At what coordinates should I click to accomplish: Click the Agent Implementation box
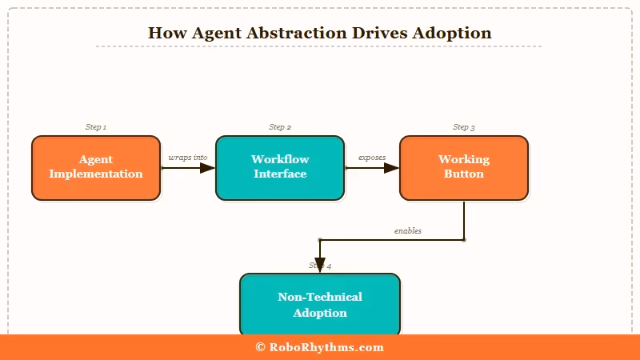point(96,167)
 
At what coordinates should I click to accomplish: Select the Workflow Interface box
point(280,167)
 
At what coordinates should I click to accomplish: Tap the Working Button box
point(464,167)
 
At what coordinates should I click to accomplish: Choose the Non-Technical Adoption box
point(320,305)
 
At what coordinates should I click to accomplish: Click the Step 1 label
point(96,127)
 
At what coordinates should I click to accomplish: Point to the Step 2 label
point(280,127)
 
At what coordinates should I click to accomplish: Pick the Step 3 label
point(464,127)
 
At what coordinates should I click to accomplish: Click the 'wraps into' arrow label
point(188,158)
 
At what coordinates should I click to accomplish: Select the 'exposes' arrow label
point(371,158)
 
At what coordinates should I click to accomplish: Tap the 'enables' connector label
point(408,230)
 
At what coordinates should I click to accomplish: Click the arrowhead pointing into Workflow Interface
point(207,168)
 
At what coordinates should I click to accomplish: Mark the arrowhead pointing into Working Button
point(391,168)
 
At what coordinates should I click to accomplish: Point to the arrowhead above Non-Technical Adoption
point(320,266)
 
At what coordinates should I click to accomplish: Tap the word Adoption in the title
point(452,33)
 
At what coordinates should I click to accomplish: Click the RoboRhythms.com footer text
point(326,347)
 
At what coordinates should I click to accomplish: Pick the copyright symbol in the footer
point(260,347)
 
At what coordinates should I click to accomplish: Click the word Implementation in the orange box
point(96,174)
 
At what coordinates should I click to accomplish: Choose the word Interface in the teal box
point(280,174)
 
